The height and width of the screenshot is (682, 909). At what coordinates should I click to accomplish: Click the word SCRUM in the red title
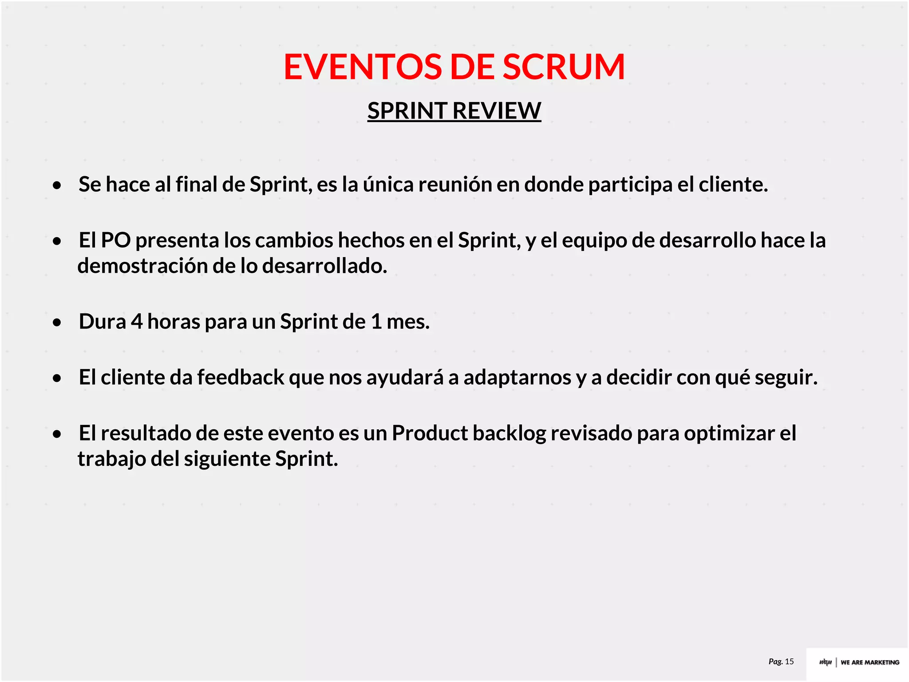point(563,67)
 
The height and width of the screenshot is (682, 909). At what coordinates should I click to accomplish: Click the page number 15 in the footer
point(789,662)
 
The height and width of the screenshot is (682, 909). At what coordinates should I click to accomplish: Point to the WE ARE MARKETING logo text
point(869,662)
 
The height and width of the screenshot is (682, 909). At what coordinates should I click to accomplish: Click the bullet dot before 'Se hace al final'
point(57,185)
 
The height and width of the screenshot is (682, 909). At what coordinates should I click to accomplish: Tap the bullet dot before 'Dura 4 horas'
point(57,322)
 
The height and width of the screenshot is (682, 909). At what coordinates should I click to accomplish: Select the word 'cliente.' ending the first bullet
point(733,184)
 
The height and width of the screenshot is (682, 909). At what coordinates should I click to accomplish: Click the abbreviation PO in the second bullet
point(116,240)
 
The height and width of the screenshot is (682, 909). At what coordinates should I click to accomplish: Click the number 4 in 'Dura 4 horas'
point(137,321)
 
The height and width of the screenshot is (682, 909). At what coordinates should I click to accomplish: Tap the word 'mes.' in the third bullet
point(408,321)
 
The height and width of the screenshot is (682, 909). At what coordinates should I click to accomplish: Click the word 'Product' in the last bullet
point(430,433)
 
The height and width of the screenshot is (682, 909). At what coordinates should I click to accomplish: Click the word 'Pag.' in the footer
point(775,662)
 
